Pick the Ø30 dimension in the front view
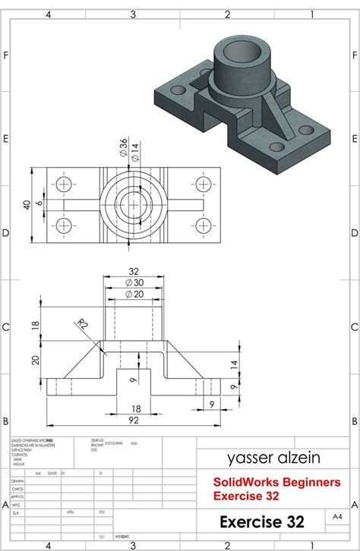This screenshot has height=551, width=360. coord(134,282)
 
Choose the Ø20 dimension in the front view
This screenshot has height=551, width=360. coord(134,294)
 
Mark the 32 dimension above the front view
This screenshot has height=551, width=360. coord(134,271)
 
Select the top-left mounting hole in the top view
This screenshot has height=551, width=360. coord(62,184)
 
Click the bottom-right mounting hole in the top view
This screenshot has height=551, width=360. coord(203,225)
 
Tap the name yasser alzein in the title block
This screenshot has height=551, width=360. coord(258,458)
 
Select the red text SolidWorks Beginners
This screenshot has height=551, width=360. coord(263,481)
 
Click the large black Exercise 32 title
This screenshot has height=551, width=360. coord(261,522)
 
